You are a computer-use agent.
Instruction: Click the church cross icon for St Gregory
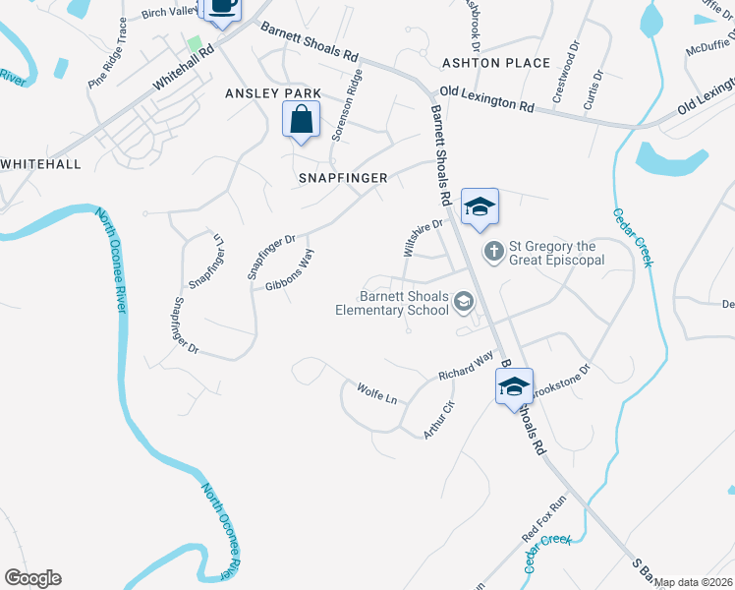coord(493,254)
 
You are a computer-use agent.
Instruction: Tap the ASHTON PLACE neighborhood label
coord(496,63)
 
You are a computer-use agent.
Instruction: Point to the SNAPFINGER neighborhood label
coord(344,178)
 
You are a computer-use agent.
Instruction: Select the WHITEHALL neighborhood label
coord(40,164)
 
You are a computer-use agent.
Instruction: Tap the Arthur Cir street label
coord(438,419)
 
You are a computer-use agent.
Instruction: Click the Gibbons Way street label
coord(290,271)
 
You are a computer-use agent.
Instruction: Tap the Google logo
coord(32,578)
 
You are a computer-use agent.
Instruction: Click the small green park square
coord(196,43)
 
